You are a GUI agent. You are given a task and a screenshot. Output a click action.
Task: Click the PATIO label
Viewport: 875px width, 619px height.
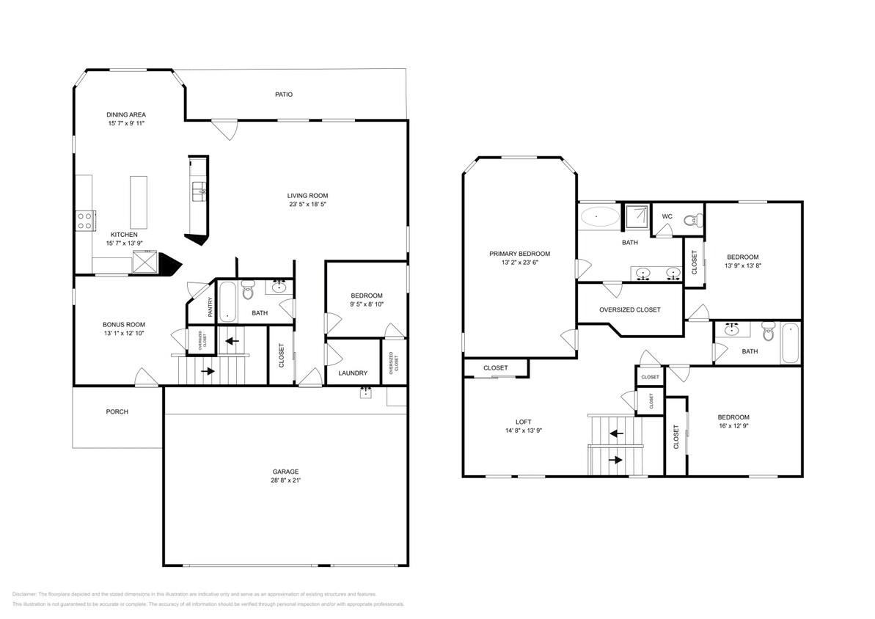tap(284, 94)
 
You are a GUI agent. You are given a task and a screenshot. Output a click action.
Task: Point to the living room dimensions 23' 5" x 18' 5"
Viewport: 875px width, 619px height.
tap(307, 205)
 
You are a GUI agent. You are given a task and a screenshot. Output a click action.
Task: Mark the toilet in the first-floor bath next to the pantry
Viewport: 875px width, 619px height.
tap(247, 291)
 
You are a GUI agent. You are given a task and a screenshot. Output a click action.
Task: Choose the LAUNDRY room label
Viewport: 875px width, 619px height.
tap(353, 373)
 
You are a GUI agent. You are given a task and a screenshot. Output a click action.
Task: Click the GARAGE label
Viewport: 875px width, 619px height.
tap(285, 472)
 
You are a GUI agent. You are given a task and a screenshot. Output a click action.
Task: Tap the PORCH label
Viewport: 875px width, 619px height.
tap(117, 411)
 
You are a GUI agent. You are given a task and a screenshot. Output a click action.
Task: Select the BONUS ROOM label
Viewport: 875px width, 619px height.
tap(123, 324)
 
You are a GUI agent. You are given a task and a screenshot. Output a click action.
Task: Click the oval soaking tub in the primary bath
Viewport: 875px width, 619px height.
tap(600, 217)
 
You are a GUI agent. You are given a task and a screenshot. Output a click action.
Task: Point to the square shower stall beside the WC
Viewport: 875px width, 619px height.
tap(636, 216)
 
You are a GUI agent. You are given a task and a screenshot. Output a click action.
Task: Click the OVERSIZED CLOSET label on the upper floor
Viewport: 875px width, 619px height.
tap(629, 309)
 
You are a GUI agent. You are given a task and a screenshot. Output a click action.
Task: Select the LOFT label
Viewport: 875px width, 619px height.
tap(523, 422)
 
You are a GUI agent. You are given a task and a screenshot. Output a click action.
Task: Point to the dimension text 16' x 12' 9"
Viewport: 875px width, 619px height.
tap(733, 425)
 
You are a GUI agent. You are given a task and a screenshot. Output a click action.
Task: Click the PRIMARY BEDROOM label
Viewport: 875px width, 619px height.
tap(519, 254)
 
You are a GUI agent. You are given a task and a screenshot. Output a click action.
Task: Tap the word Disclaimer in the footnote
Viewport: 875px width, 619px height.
tap(25, 594)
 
